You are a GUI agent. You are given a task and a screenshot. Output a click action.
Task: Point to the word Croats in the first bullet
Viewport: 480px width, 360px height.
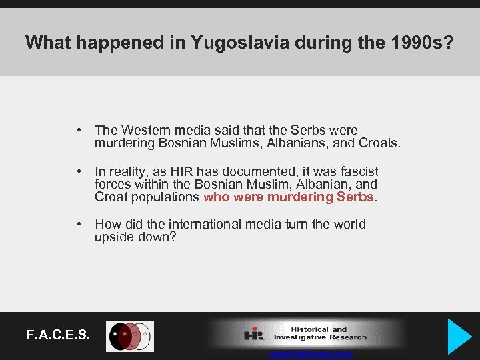pos(379,143)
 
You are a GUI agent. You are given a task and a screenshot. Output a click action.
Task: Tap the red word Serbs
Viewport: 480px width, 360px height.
pos(357,197)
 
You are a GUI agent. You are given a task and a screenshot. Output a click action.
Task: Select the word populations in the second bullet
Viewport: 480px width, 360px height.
pos(167,197)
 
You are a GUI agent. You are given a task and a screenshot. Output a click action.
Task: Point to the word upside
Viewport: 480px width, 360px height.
pos(115,237)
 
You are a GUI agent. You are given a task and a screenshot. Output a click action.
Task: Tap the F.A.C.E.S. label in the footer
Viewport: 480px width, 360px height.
pos(59,335)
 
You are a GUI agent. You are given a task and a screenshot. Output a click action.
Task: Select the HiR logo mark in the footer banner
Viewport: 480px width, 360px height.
pos(254,333)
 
